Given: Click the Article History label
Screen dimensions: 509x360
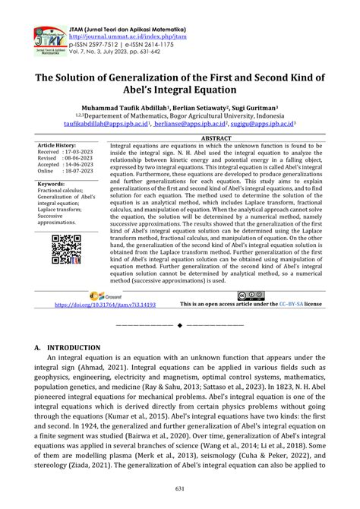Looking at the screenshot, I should (x=56, y=144).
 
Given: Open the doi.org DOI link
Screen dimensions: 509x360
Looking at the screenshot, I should (x=106, y=304).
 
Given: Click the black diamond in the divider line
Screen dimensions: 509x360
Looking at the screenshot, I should (x=180, y=324).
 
